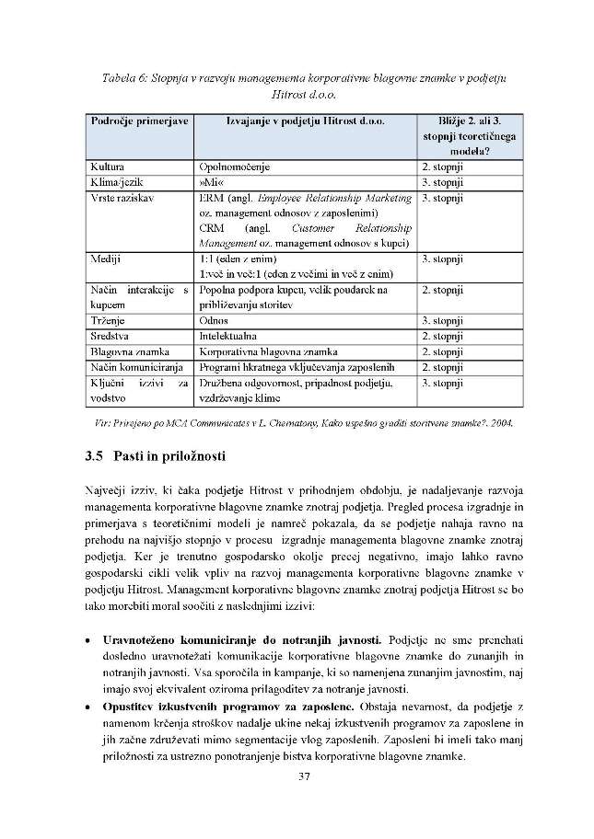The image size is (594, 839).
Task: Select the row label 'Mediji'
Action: pos(107,259)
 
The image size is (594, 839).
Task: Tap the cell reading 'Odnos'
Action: pos(215,320)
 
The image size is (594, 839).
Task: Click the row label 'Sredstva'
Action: pos(111,336)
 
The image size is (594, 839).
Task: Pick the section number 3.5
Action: pos(92,456)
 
